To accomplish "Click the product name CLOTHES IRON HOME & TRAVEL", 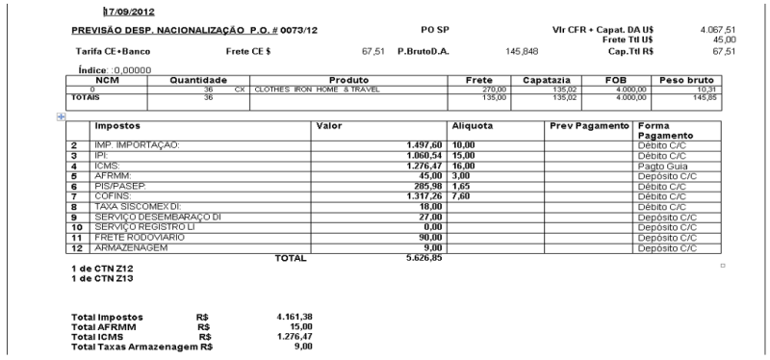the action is [x=319, y=90].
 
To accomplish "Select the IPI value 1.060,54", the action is [x=426, y=154].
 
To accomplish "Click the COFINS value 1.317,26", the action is [x=426, y=195].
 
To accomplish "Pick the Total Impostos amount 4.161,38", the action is [x=294, y=316].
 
